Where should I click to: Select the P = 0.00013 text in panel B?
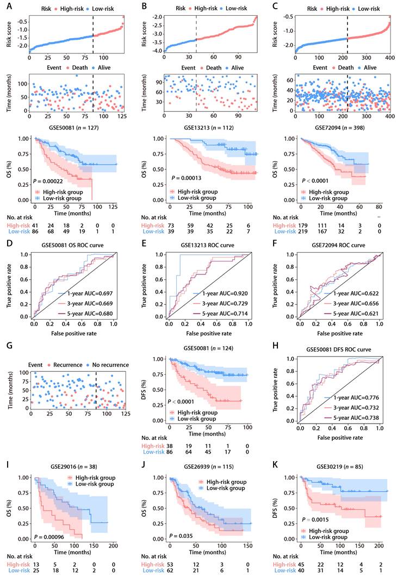coord(190,177)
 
